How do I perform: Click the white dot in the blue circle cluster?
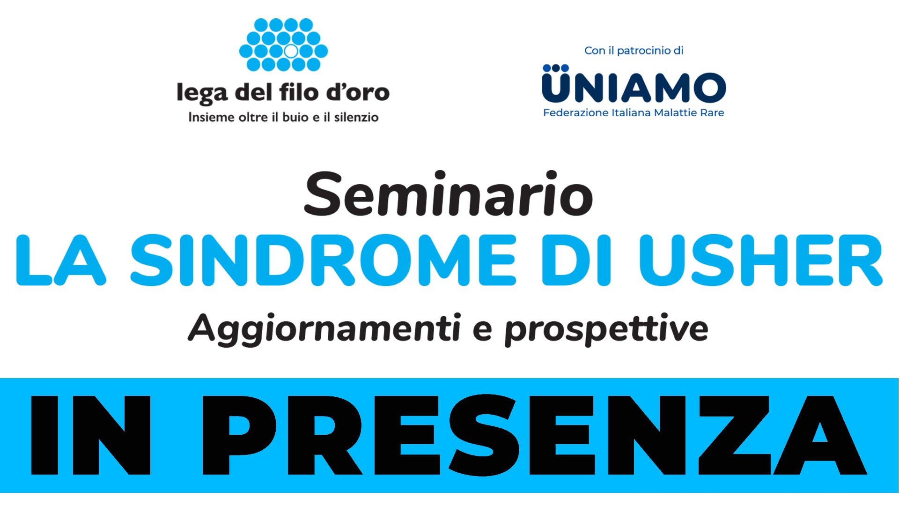coord(291,51)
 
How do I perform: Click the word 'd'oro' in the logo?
coord(358,92)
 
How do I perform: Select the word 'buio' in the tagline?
coord(295,117)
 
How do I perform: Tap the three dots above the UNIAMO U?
coord(556,68)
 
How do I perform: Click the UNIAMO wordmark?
coord(634,88)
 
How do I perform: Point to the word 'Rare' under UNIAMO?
coord(712,113)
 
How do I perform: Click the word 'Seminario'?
coord(449,194)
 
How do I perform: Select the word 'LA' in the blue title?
coord(61,260)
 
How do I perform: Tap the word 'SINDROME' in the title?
coord(323,260)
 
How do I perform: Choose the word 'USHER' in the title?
coord(760,260)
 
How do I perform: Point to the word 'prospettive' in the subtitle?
coord(606,329)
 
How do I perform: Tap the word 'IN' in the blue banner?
coord(91,435)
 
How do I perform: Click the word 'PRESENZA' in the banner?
coord(534,435)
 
